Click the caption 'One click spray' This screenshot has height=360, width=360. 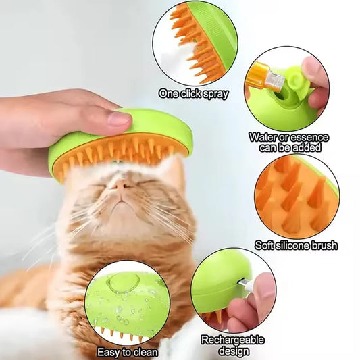(193, 94)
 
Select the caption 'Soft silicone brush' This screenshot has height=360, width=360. (296, 245)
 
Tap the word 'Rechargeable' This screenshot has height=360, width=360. (232, 340)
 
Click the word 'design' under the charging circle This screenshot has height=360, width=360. (233, 351)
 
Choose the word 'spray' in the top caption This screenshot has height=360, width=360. (215, 94)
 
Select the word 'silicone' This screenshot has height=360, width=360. (292, 245)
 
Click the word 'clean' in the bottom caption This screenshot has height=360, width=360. (144, 351)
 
